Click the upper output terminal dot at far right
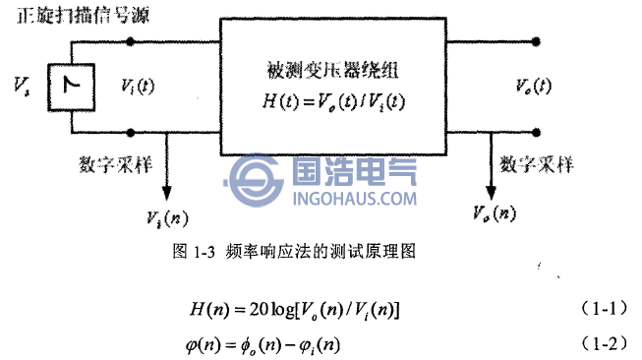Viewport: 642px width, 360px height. [536, 41]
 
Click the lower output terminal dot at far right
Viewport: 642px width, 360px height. [536, 131]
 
